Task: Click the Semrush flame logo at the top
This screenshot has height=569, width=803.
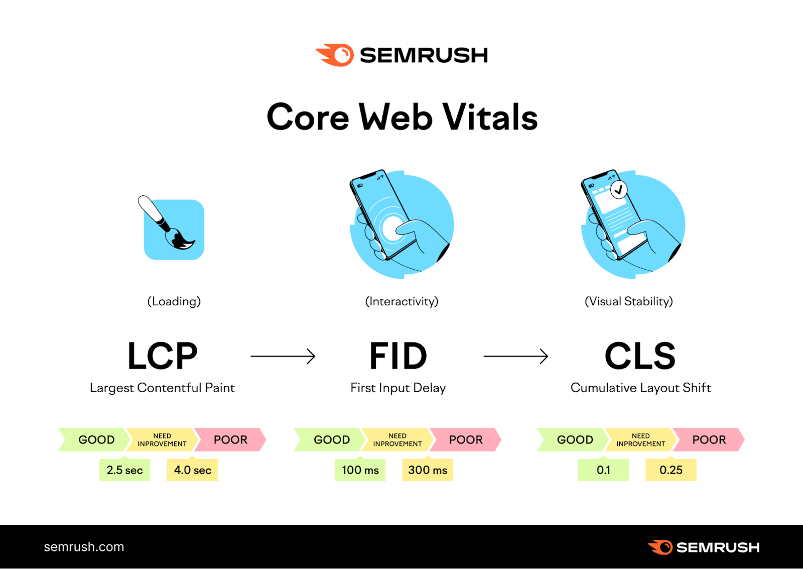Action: pyautogui.click(x=335, y=55)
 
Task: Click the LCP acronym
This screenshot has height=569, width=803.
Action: pyautogui.click(x=163, y=356)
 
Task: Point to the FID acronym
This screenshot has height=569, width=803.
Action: pyautogui.click(x=398, y=356)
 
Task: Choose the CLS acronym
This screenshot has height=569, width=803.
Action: pyautogui.click(x=640, y=356)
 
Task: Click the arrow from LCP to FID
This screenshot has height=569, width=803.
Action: pyautogui.click(x=283, y=356)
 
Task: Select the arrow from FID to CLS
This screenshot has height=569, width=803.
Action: pyautogui.click(x=515, y=356)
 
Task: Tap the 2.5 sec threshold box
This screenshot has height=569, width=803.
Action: pyautogui.click(x=124, y=470)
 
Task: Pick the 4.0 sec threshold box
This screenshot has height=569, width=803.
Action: pyautogui.click(x=192, y=470)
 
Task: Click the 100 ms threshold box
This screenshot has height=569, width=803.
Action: pyautogui.click(x=360, y=470)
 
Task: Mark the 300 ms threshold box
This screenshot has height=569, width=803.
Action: pyautogui.click(x=427, y=470)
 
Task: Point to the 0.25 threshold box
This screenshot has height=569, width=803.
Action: pyautogui.click(x=671, y=470)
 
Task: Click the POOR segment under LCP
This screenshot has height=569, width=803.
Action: pyautogui.click(x=230, y=440)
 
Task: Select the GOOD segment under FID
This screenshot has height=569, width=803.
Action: pyautogui.click(x=331, y=440)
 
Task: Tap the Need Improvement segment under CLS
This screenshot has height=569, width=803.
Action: pyautogui.click(x=640, y=440)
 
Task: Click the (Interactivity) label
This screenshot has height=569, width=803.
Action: pyautogui.click(x=401, y=301)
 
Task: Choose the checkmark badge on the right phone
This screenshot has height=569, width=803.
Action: pyautogui.click(x=619, y=190)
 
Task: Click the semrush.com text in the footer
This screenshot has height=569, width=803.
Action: pyautogui.click(x=84, y=547)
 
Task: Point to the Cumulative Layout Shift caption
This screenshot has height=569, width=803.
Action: pyautogui.click(x=640, y=388)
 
